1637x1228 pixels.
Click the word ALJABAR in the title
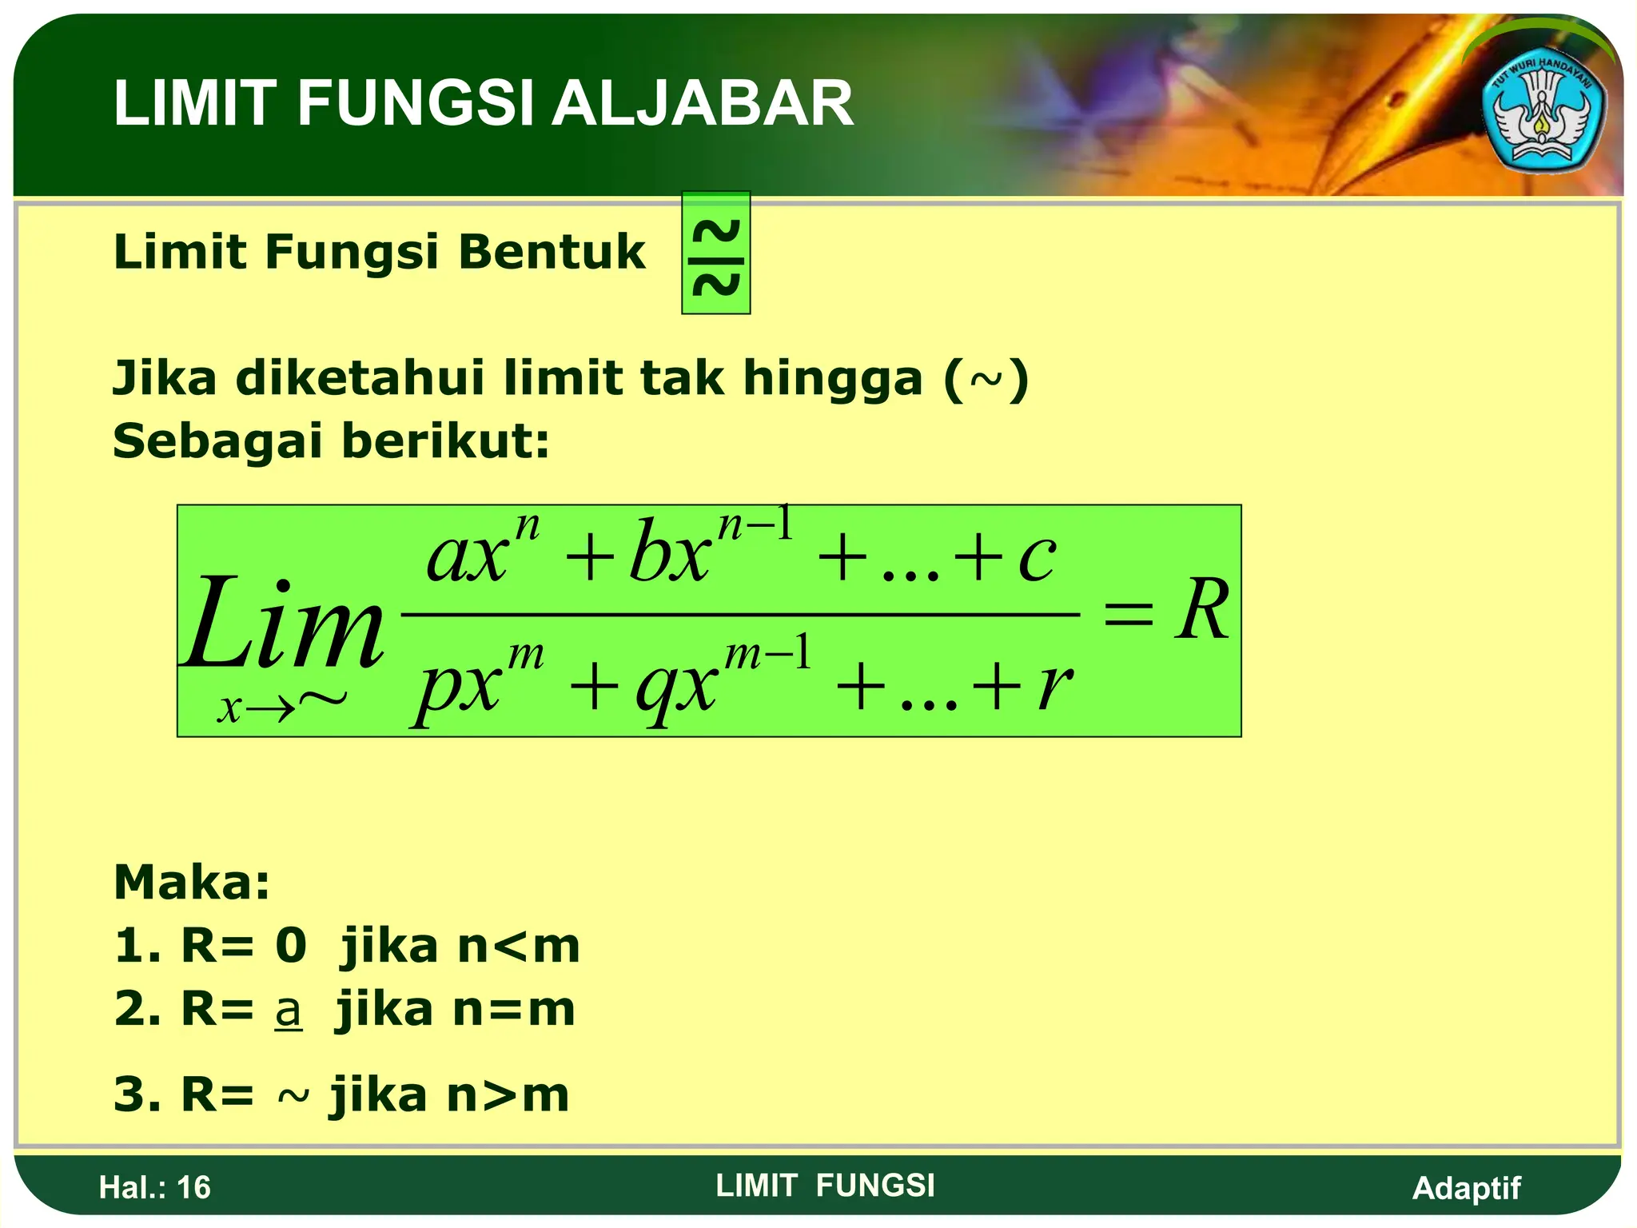tap(703, 104)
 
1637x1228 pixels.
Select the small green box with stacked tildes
tap(715, 253)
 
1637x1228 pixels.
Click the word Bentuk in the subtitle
tap(552, 252)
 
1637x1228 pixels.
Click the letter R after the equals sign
tap(1201, 611)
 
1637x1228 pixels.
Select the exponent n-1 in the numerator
tap(755, 525)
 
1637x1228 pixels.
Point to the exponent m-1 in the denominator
tap(767, 654)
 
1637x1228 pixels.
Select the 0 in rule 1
tap(291, 946)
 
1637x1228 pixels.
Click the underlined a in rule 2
tap(288, 1011)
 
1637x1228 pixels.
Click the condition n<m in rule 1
tap(519, 947)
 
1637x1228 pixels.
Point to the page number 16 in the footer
tap(193, 1188)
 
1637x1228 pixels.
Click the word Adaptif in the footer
tap(1466, 1188)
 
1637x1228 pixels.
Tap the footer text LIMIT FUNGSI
tap(825, 1186)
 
